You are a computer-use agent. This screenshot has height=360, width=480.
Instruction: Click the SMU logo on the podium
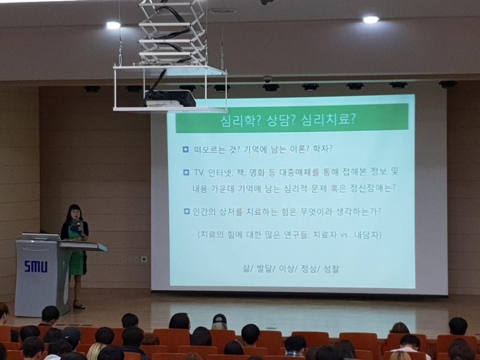[35, 267]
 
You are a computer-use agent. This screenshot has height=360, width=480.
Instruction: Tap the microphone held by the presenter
[79, 226]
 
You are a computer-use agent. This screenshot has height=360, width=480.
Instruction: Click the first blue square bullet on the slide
[185, 149]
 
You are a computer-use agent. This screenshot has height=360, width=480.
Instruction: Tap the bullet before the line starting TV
[186, 172]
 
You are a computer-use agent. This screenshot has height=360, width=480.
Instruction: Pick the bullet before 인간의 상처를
[186, 211]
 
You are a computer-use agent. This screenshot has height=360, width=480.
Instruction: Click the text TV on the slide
[198, 172]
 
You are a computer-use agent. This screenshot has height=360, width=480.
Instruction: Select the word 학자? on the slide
[321, 149]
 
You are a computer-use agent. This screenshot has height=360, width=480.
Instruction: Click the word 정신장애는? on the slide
[371, 188]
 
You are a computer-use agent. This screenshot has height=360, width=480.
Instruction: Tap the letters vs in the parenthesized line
[343, 235]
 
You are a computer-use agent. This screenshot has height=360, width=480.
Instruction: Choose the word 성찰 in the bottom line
[331, 269]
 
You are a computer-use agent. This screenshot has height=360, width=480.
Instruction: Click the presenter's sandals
[79, 305]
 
